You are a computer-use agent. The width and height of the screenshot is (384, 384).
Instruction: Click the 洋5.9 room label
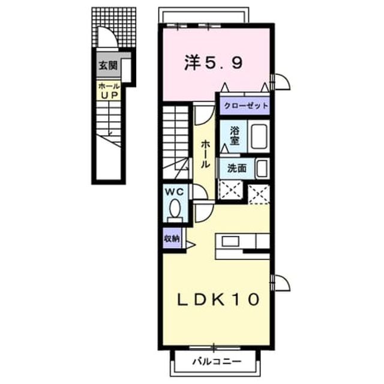click(214, 62)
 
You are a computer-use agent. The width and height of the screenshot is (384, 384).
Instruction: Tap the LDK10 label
click(218, 299)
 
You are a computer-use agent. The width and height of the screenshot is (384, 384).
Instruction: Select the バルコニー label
click(217, 361)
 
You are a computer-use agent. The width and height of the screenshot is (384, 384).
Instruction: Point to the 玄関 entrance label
click(108, 65)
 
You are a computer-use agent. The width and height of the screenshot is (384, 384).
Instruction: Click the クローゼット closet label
click(245, 106)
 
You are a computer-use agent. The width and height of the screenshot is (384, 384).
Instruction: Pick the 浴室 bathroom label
click(235, 136)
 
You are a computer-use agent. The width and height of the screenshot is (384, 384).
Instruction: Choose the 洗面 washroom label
click(237, 169)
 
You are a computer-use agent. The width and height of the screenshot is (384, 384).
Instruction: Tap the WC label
click(175, 192)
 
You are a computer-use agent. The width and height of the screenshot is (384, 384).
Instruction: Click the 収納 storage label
click(172, 239)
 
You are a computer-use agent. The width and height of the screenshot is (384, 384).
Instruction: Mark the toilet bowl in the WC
click(175, 208)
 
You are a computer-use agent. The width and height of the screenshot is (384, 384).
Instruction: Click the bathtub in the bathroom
click(259, 136)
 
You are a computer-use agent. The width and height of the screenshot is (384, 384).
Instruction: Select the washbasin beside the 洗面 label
click(262, 169)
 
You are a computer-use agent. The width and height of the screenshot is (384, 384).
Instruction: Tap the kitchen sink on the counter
click(230, 241)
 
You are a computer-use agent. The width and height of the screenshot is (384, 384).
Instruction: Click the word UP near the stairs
click(109, 95)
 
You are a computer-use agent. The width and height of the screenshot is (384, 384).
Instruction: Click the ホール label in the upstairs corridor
click(205, 154)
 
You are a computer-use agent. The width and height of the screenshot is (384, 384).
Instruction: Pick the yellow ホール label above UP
click(109, 86)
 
